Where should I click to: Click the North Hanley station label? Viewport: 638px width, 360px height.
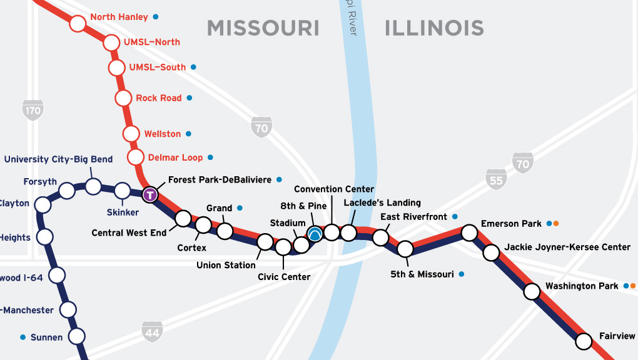(119, 17)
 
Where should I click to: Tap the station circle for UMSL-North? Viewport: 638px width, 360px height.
(111, 43)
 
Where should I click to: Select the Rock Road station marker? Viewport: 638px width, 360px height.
(123, 98)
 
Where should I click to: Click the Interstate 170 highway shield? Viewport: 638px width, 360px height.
(33, 111)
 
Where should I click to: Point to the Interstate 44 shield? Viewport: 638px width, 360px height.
(152, 332)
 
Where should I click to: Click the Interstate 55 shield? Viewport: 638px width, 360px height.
(495, 179)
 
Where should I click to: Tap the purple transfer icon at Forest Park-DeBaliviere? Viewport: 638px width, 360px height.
(150, 194)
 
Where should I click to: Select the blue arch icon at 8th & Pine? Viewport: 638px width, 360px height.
(315, 234)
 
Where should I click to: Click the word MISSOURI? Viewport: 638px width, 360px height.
(263, 28)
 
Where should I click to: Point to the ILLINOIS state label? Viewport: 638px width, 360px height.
(434, 28)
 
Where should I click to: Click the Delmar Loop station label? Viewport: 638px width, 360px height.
(176, 157)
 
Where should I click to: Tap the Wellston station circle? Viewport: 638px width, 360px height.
(131, 134)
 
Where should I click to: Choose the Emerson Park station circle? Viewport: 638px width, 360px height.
(470, 233)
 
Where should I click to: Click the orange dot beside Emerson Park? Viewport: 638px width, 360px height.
(556, 223)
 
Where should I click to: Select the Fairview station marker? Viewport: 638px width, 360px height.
(584, 341)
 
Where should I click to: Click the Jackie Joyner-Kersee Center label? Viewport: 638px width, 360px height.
(567, 247)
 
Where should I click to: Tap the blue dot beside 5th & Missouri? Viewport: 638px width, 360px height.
(462, 274)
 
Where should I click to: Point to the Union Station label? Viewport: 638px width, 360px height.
(226, 265)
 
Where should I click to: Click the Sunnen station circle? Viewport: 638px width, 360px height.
(76, 336)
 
